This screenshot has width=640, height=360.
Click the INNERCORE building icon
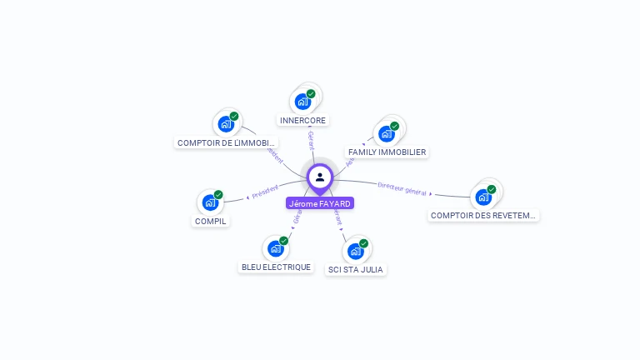click(x=302, y=102)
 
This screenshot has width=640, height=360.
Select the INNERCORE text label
click(x=302, y=120)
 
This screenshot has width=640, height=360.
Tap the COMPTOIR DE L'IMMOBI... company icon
click(x=226, y=124)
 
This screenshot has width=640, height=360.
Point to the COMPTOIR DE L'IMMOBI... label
click(x=227, y=142)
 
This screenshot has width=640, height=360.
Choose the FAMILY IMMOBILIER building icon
click(x=386, y=133)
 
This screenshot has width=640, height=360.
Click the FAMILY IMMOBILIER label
click(x=387, y=152)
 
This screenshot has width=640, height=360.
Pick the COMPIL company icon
click(x=210, y=202)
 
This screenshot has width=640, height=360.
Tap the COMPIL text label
click(x=211, y=221)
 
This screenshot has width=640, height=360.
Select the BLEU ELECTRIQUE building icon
click(x=275, y=248)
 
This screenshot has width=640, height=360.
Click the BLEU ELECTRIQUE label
click(x=276, y=267)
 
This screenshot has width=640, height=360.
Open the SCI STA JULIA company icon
click(x=355, y=251)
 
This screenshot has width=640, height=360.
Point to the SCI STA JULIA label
click(x=356, y=269)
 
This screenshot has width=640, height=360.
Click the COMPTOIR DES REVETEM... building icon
click(x=483, y=197)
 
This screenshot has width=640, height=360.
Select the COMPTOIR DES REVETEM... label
click(x=484, y=215)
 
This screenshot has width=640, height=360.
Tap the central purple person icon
click(x=320, y=177)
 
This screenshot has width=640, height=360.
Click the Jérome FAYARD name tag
click(x=320, y=203)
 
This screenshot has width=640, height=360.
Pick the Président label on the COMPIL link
click(x=264, y=192)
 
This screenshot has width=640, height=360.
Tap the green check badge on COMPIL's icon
click(x=218, y=195)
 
